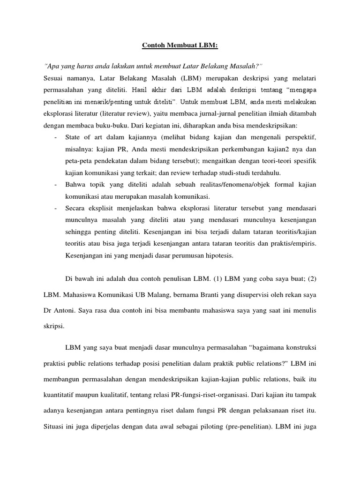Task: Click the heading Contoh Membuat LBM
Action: coord(180,46)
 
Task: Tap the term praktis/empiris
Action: coord(294,244)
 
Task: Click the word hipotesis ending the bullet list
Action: coord(219,256)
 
